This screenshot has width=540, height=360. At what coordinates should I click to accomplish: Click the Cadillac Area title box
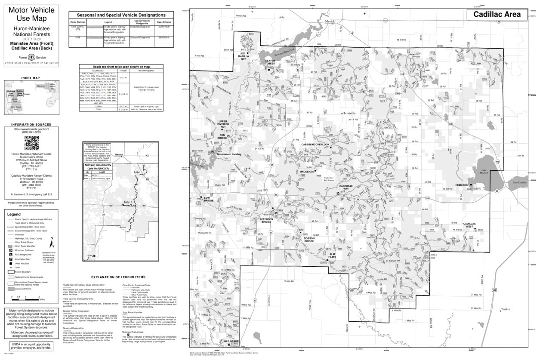click(x=497, y=15)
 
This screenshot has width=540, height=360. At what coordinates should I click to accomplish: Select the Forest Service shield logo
click(x=31, y=57)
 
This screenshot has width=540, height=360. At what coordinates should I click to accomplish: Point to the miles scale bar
click(x=25, y=298)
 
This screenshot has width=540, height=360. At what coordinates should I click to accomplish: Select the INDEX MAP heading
click(x=30, y=78)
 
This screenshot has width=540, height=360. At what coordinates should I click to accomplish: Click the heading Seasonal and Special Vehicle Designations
click(x=117, y=15)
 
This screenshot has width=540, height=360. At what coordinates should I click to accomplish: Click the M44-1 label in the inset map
click(x=128, y=202)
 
